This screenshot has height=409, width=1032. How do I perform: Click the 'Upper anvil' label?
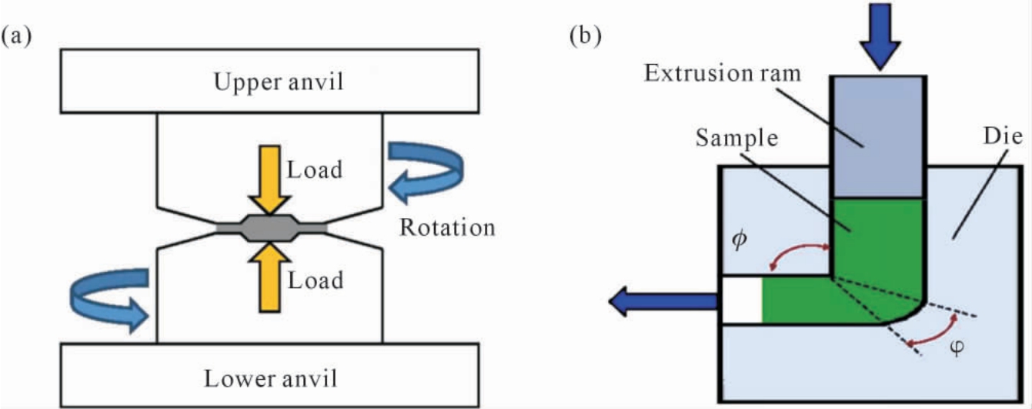click(x=279, y=82)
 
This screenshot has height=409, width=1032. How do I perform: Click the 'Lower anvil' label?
click(x=271, y=379)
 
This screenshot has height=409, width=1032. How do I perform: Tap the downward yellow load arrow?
click(x=269, y=179)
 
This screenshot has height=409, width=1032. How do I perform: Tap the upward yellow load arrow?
click(x=269, y=277)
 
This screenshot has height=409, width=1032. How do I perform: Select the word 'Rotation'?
click(x=447, y=228)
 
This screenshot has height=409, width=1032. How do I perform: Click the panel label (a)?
click(x=17, y=36)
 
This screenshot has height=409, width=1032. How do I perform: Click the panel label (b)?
click(x=586, y=36)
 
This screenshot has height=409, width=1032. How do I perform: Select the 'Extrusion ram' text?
click(x=723, y=74)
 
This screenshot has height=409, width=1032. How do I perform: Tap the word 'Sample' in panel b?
click(x=736, y=138)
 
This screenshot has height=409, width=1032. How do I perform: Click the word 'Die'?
click(x=1003, y=136)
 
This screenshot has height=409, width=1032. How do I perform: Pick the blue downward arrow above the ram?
click(x=880, y=36)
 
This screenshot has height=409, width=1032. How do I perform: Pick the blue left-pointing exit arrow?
click(x=663, y=302)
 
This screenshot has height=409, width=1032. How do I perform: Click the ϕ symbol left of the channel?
click(x=740, y=240)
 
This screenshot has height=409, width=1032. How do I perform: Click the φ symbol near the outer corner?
click(x=957, y=347)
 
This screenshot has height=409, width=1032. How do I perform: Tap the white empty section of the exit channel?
click(x=742, y=300)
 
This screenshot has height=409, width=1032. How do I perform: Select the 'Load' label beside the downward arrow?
click(x=315, y=169)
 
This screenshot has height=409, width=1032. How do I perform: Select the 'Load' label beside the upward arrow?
click(x=316, y=280)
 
